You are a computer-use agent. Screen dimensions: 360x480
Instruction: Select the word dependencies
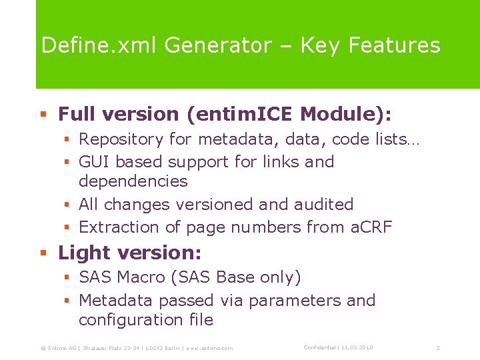pos(133,181)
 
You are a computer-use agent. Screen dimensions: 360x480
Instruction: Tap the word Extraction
pos(119,227)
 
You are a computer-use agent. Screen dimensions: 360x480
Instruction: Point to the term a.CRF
pos(371,227)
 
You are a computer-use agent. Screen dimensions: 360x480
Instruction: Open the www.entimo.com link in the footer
pos(210,349)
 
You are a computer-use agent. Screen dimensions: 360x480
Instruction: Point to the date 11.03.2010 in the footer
pos(359,348)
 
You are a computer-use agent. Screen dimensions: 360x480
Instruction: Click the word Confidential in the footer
pos(319,348)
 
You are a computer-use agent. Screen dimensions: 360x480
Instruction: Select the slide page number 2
pos(438,349)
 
